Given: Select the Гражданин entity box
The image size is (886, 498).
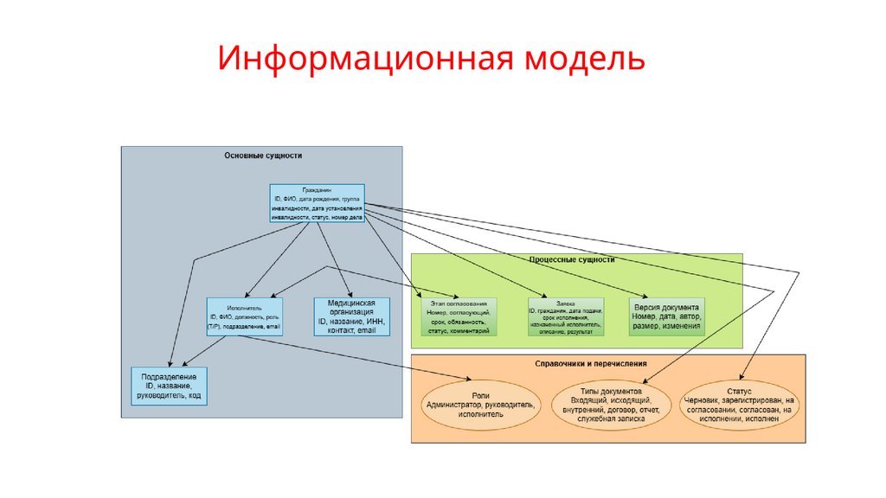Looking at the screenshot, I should coord(317,203).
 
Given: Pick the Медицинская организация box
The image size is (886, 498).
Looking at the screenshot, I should coord(350,317).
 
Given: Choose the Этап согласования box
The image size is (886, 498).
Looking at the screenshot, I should coord(458,317).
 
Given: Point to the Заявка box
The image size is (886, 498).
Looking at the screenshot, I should coord(566,317).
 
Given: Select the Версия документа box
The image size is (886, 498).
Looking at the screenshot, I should coord(667,316).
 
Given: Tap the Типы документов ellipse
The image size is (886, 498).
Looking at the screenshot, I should coord(612,403).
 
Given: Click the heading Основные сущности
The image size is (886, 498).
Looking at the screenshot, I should coord(263,156).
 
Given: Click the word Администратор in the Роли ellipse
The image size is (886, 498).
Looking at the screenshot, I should coord(455,404).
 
